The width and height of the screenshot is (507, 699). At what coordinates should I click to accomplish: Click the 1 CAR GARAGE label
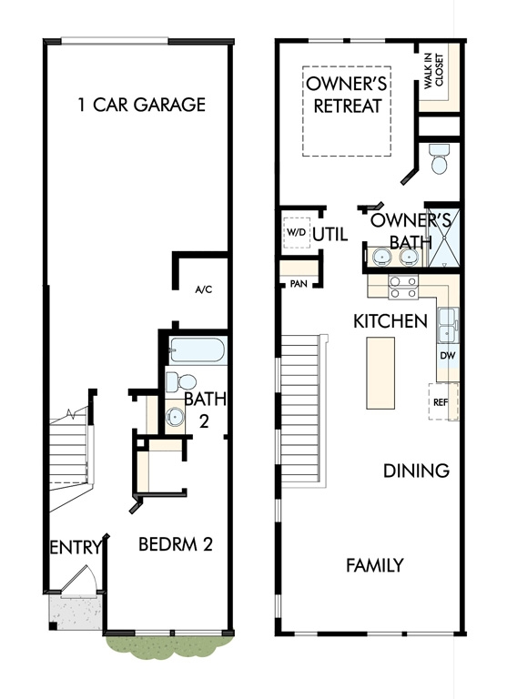[x=142, y=105]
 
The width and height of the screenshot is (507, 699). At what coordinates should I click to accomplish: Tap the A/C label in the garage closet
[x=204, y=290]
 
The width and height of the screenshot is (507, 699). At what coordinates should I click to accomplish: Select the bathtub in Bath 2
[x=197, y=349]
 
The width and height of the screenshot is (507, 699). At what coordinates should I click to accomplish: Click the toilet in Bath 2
[x=181, y=382]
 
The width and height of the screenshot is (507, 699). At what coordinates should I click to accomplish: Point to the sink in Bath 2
[x=175, y=417]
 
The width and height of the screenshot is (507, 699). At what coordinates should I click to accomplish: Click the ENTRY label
[x=76, y=547]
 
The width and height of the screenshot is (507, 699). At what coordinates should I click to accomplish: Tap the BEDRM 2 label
[x=176, y=544]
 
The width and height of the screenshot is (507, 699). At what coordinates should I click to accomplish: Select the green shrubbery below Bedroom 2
[x=169, y=645]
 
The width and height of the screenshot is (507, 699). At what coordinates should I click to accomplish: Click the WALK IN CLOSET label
[x=434, y=71]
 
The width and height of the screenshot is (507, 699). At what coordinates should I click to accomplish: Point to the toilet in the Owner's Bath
[x=439, y=159]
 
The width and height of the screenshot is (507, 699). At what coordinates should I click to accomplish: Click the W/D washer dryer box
[x=297, y=232]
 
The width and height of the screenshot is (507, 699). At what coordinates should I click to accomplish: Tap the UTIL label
[x=330, y=234]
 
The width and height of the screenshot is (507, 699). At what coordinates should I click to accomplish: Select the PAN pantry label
[x=299, y=284]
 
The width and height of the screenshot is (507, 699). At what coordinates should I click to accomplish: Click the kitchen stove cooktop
[x=403, y=287]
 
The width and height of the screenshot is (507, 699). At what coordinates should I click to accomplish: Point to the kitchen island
[x=380, y=372]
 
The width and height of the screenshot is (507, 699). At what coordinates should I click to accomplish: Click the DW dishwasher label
[x=447, y=356]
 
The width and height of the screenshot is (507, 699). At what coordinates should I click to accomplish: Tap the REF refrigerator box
[x=442, y=401]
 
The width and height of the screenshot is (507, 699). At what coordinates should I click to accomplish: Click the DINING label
[x=416, y=471]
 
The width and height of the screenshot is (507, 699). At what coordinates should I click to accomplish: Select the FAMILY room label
[x=375, y=565]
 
